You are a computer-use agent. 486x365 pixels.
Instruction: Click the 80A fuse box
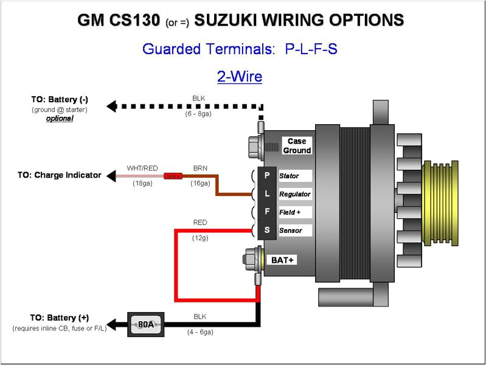click(x=145, y=324)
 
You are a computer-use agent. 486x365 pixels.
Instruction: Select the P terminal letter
click(x=266, y=176)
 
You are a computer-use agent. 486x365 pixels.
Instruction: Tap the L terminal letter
click(x=266, y=194)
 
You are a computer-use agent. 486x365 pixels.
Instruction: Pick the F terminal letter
click(x=266, y=212)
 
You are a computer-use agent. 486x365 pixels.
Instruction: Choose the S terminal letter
click(x=266, y=231)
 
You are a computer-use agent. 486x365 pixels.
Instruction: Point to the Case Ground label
click(x=297, y=146)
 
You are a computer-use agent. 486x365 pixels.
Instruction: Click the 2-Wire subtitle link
click(x=240, y=77)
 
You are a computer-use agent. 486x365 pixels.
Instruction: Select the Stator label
click(x=289, y=176)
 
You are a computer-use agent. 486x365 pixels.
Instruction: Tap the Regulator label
click(x=294, y=194)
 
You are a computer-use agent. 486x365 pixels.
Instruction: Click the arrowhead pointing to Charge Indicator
click(x=111, y=176)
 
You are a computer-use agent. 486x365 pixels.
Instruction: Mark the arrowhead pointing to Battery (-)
click(x=111, y=106)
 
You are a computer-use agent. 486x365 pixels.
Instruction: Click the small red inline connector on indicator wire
click(x=173, y=176)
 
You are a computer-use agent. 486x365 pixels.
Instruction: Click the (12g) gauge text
click(x=200, y=238)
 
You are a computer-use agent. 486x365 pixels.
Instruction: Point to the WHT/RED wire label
click(x=142, y=168)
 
